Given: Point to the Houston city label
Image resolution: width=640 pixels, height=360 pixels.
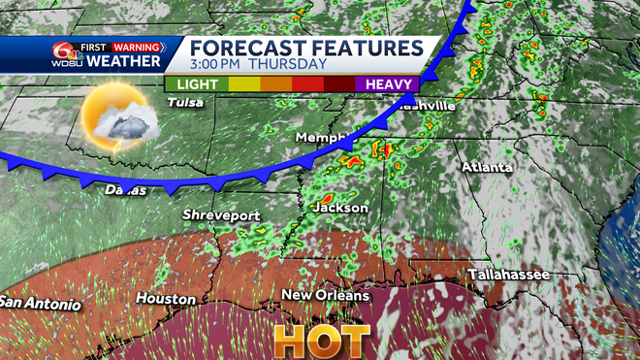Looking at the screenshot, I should click(x=159, y=298).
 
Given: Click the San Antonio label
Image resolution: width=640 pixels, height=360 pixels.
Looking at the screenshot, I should click(x=40, y=303).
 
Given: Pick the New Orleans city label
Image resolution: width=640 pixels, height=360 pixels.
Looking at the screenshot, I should click(x=326, y=295).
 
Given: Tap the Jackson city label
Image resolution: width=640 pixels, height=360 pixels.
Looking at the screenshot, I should click(x=340, y=208).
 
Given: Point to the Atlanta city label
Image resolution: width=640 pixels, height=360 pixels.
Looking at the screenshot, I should click(x=487, y=167).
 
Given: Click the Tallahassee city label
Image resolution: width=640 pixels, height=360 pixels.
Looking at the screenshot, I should click(x=509, y=276).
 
